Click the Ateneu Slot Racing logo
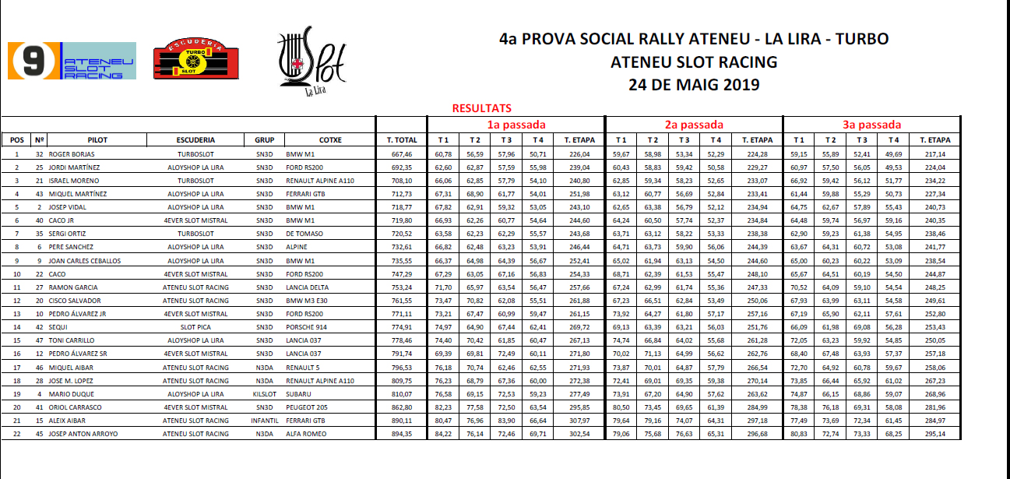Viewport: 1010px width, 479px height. (x=72, y=61)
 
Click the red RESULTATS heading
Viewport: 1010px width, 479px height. (x=481, y=109)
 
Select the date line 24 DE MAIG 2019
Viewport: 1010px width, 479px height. (x=694, y=85)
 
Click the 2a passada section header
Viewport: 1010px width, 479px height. (x=694, y=125)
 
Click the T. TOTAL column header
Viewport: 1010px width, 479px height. (x=401, y=140)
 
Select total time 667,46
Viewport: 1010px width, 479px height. (x=401, y=154)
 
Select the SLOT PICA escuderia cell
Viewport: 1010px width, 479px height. (x=195, y=327)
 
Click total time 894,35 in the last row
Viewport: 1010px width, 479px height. (x=401, y=433)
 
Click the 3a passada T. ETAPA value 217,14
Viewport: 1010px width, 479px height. (x=935, y=154)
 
